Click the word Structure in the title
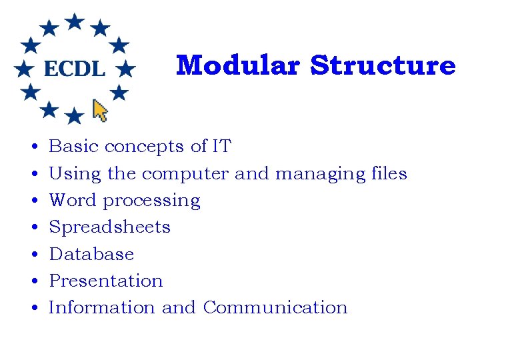click(383, 65)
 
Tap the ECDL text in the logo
click(75, 68)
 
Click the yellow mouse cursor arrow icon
click(100, 111)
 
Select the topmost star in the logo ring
click(75, 21)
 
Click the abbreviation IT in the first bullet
click(221, 146)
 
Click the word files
click(390, 173)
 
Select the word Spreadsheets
click(110, 227)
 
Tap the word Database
click(92, 254)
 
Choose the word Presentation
click(106, 281)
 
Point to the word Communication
click(275, 307)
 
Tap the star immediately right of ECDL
click(125, 68)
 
